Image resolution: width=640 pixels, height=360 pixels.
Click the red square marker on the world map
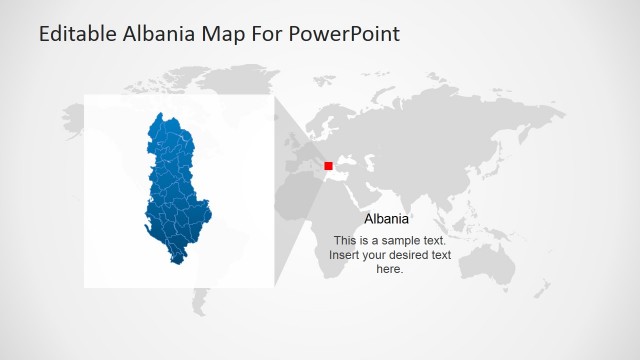328,165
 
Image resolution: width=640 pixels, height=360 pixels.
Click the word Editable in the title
77,33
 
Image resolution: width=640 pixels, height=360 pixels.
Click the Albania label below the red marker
386,219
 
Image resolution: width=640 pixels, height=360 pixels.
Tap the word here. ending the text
390,269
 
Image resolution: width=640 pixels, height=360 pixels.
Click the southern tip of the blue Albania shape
177,263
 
